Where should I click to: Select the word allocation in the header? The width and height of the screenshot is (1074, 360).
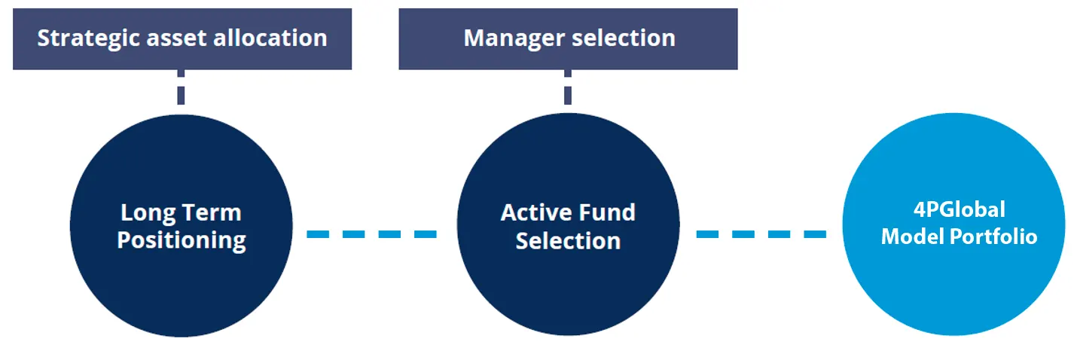270,38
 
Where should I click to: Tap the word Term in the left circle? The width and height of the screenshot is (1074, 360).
212,212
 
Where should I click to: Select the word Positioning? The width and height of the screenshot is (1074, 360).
182,240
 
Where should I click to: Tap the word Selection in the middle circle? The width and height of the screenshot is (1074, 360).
568,241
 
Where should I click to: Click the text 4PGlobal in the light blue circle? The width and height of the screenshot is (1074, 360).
960,210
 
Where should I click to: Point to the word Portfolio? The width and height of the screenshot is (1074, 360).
993,236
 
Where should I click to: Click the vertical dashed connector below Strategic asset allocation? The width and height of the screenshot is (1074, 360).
181,87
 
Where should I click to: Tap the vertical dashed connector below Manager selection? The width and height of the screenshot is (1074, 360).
568,87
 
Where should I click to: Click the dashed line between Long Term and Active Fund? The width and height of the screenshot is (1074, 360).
371,234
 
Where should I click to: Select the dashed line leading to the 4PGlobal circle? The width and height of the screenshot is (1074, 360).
761,234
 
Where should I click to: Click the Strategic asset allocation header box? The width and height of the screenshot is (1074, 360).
182,39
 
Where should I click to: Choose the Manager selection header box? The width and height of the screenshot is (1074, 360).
568,39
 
